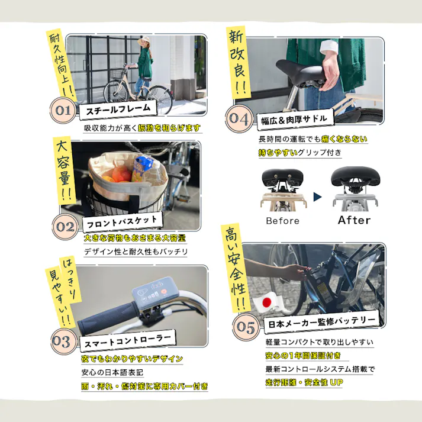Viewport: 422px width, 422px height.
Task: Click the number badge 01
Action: pyautogui.click(x=63, y=111)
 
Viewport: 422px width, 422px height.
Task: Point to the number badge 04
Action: pyautogui.click(x=240, y=119)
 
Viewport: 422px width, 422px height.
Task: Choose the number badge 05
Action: pyautogui.click(x=245, y=326)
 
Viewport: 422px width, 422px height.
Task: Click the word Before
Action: pyautogui.click(x=282, y=221)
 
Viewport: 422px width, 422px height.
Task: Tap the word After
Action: pyautogui.click(x=353, y=220)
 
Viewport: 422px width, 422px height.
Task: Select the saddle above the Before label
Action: pyautogui.click(x=282, y=177)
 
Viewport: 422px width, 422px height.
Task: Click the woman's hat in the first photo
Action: pyautogui.click(x=144, y=41)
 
